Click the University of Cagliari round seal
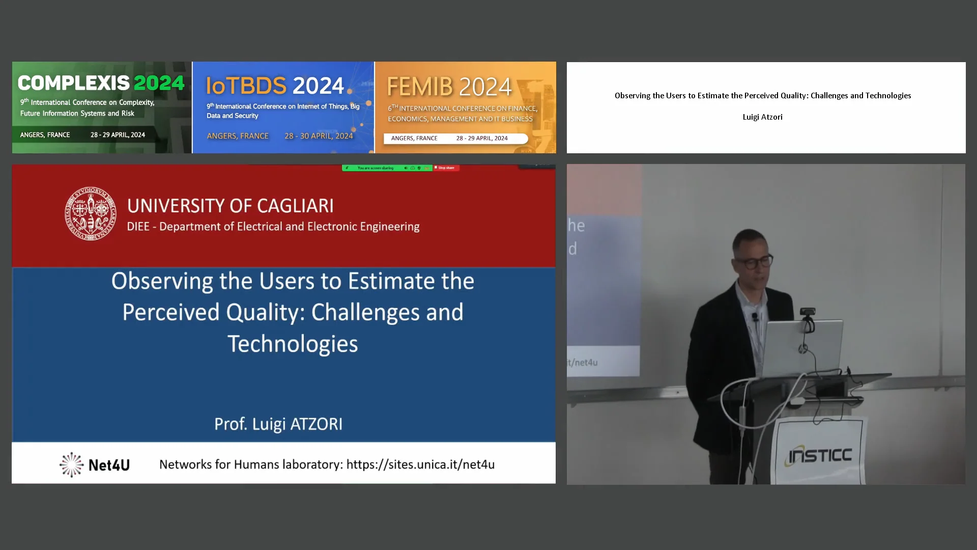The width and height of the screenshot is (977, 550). pyautogui.click(x=90, y=213)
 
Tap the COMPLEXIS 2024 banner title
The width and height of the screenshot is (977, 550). pyautogui.click(x=101, y=82)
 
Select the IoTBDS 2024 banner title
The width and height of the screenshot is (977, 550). pyautogui.click(x=275, y=86)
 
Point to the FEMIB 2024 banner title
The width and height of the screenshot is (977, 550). pyautogui.click(x=449, y=87)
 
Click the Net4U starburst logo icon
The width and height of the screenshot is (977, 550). pyautogui.click(x=71, y=464)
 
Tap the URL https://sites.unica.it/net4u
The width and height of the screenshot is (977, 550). pyautogui.click(x=420, y=464)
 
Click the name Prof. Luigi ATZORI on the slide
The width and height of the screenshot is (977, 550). pyautogui.click(x=278, y=424)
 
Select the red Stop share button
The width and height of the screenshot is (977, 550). pyautogui.click(x=446, y=168)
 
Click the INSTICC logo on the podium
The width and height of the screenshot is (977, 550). pyautogui.click(x=820, y=455)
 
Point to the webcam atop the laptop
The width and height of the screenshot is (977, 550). pyautogui.click(x=808, y=312)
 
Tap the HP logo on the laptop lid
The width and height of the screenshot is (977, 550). pyautogui.click(x=802, y=349)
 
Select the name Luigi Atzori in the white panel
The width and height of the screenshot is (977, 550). pyautogui.click(x=762, y=117)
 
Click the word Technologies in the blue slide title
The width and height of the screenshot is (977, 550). pyautogui.click(x=293, y=344)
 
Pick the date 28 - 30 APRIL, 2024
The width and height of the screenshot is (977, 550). pyautogui.click(x=319, y=136)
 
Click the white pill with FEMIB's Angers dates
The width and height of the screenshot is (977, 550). pyautogui.click(x=455, y=139)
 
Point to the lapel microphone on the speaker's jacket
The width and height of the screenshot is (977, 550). pyautogui.click(x=755, y=317)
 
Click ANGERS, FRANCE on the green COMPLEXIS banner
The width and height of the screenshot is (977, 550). pyautogui.click(x=45, y=135)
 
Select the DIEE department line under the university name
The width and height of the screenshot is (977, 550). pyautogui.click(x=273, y=227)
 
